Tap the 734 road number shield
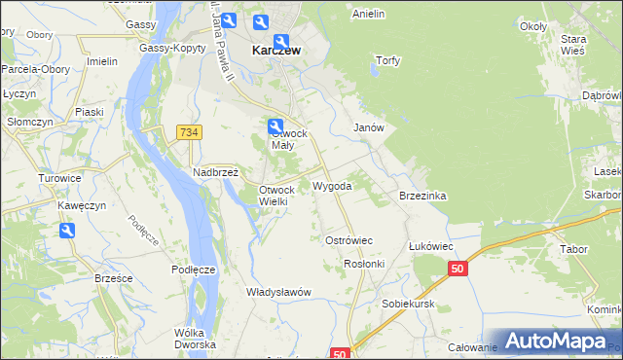tap(189, 131)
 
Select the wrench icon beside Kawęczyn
tap(67, 231)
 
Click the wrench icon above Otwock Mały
tap(275, 126)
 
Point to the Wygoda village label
tap(332, 185)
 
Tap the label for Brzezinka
tap(422, 196)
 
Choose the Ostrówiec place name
tap(348, 239)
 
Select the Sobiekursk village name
tap(407, 304)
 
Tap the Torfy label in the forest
tap(387, 60)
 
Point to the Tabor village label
tap(573, 249)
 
